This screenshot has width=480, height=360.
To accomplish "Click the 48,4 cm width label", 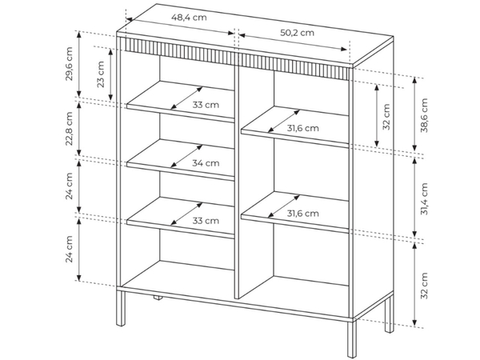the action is click(189, 18).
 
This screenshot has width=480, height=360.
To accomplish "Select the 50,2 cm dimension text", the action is click(298, 33).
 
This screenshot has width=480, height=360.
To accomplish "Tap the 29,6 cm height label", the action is click(70, 64).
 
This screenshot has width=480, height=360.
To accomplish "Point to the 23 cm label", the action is click(101, 74).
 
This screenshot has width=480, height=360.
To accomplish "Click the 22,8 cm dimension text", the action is click(70, 129).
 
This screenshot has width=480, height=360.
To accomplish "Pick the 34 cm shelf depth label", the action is click(206, 163).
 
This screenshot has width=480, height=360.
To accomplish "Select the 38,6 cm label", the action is click(424, 115).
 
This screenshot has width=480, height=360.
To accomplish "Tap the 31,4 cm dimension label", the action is click(424, 198).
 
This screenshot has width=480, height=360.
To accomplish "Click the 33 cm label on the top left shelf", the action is click(206, 105).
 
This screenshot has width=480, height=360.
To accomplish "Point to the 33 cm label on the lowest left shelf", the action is click(206, 221).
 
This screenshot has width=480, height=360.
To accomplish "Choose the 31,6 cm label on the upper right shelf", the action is click(302, 128).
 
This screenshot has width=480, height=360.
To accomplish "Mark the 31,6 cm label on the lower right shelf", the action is click(302, 213).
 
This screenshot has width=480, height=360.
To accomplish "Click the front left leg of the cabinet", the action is click(122, 308).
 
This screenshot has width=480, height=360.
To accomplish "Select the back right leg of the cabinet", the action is click(389, 314).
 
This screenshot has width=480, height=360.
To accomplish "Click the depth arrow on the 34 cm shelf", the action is click(186, 156).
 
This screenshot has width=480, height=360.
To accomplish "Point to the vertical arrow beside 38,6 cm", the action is click(414, 114).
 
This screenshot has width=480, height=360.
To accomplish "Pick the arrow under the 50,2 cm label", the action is click(294, 42).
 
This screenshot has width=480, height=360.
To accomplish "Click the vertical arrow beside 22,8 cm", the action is click(79, 129).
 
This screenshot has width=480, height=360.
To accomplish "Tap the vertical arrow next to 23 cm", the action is click(110, 74).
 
